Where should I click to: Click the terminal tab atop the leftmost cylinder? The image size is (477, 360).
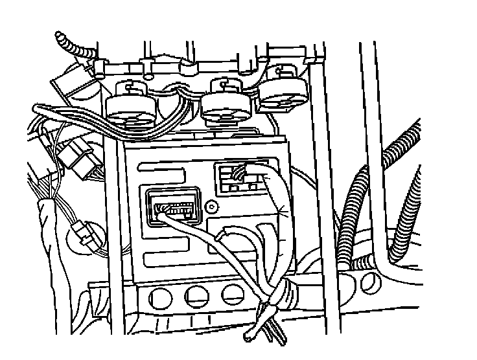[x=132, y=86]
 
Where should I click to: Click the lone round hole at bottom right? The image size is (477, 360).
[x=371, y=280]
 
